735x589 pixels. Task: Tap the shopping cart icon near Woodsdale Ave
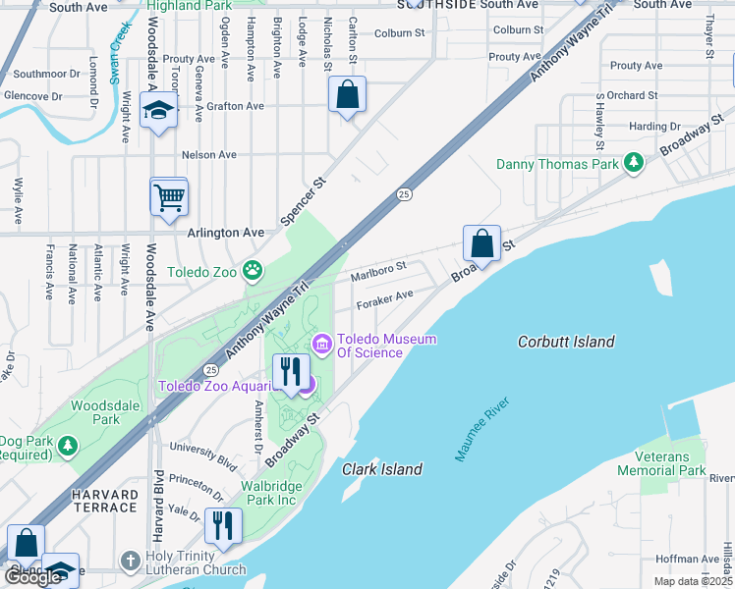pos(169,196)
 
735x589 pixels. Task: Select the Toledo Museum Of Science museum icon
pos(320,343)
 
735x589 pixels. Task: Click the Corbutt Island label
pos(566,342)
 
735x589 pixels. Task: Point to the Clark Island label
pos(382,469)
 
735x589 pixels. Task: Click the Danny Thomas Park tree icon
pos(635,162)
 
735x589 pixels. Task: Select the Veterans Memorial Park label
pos(661,462)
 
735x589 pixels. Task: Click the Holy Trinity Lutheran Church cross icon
pos(130,562)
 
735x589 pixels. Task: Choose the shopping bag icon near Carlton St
pos(347,95)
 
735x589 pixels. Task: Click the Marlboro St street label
pos(379,267)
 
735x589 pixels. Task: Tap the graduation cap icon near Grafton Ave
pos(157,112)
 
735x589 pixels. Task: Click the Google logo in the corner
pos(33,577)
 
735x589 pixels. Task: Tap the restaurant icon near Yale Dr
pos(223,525)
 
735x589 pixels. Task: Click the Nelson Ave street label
pos(209,154)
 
